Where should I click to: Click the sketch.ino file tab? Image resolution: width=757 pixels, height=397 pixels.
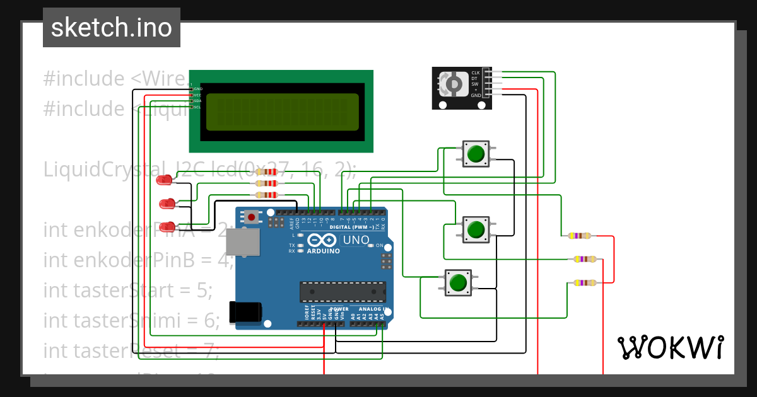point(112,28)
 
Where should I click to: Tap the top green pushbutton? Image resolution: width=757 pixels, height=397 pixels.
point(476,154)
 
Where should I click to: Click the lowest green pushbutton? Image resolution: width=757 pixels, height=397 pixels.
point(458,282)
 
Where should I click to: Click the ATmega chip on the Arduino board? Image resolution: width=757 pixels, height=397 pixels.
point(343,292)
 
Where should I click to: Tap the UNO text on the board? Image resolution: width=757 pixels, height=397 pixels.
point(355,240)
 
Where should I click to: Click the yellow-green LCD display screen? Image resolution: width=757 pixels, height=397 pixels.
point(282,111)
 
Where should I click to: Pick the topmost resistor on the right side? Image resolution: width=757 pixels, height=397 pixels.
point(580,236)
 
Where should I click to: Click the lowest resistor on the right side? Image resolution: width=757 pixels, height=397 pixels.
point(585,283)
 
